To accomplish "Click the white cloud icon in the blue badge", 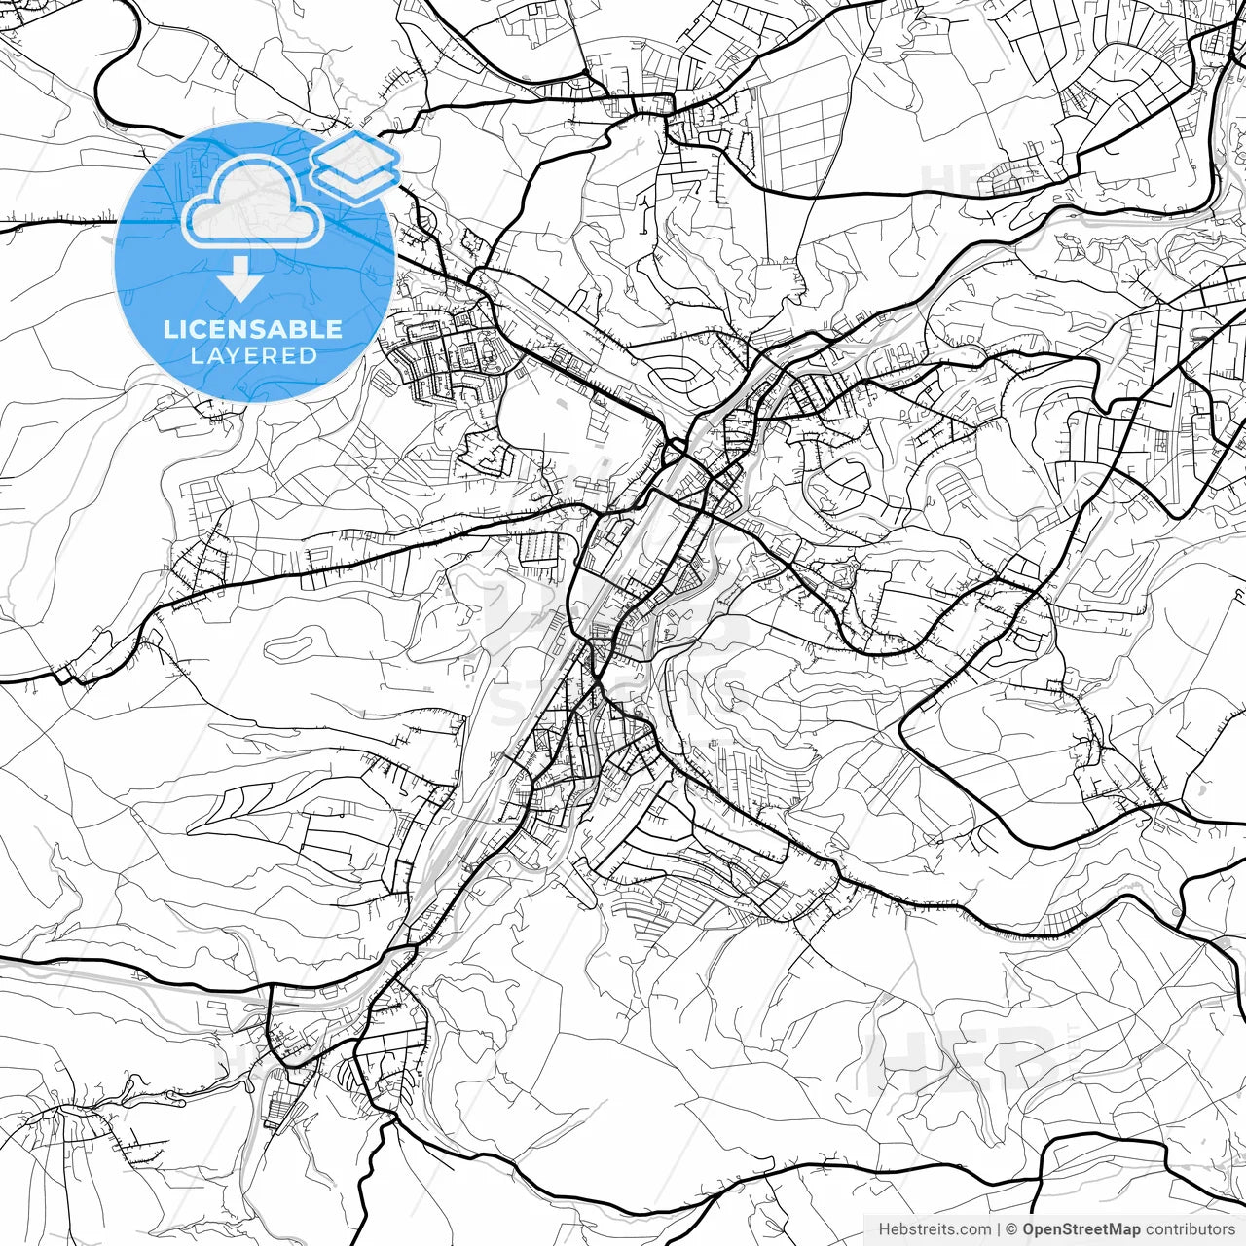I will (253, 202).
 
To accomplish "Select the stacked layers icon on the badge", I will (355, 166).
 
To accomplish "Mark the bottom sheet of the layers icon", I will (355, 181).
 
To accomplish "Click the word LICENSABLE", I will (253, 329).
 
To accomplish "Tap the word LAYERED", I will (253, 355).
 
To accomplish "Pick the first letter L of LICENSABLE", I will (169, 329).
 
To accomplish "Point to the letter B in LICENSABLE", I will (298, 329).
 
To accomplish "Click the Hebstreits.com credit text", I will (934, 1229).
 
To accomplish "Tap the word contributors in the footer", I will (1190, 1229).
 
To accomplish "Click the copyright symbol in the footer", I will (1011, 1229).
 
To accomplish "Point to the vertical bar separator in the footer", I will (999, 1229).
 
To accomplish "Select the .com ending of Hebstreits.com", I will (974, 1229).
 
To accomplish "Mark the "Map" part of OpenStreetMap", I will (1124, 1229).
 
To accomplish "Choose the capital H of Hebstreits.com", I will (884, 1229).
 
